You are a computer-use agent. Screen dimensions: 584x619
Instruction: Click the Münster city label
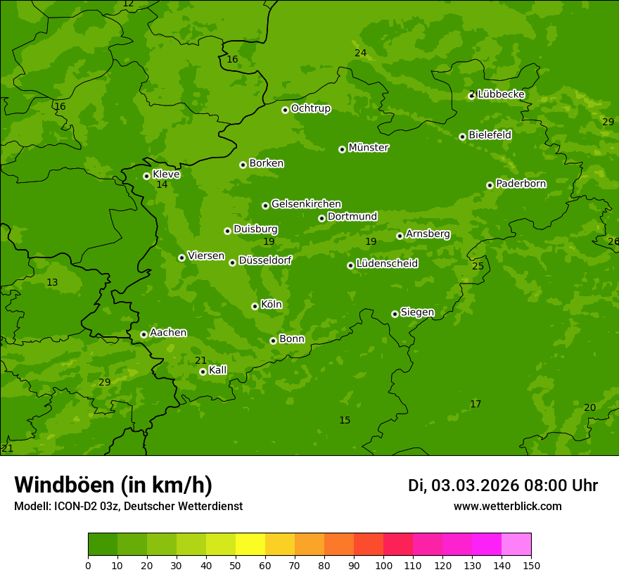point(369,148)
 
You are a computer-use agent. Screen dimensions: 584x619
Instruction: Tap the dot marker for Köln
point(255,306)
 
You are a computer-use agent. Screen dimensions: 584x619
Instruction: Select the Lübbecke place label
point(501,94)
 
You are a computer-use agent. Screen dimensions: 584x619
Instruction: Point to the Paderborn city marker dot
point(490,185)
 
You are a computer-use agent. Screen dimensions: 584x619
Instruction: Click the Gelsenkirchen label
point(306,204)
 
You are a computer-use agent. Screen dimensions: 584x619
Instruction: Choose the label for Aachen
point(168,333)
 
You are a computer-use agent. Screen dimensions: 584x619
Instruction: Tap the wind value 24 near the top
point(360,53)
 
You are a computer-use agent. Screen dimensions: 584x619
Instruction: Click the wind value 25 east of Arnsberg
point(478,266)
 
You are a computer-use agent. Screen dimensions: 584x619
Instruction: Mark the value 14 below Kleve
point(162,185)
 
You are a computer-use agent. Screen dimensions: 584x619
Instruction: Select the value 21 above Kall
point(200,360)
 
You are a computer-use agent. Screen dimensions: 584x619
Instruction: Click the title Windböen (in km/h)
point(113,485)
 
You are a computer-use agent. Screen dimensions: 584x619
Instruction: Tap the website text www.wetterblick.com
point(507,506)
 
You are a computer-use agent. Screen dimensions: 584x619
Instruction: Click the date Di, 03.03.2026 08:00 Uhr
point(502,485)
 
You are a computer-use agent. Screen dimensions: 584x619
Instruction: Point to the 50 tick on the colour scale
point(236,565)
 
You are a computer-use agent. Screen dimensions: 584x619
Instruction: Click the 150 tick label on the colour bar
point(531,565)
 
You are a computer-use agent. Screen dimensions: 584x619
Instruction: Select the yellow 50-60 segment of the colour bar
point(250,545)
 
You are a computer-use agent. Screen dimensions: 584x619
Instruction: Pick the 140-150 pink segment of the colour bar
point(516,545)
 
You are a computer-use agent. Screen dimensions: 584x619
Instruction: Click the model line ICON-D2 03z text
point(128,506)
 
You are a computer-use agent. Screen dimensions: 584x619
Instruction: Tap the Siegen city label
point(417,312)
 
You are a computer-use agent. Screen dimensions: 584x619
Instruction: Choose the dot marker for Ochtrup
point(285,110)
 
